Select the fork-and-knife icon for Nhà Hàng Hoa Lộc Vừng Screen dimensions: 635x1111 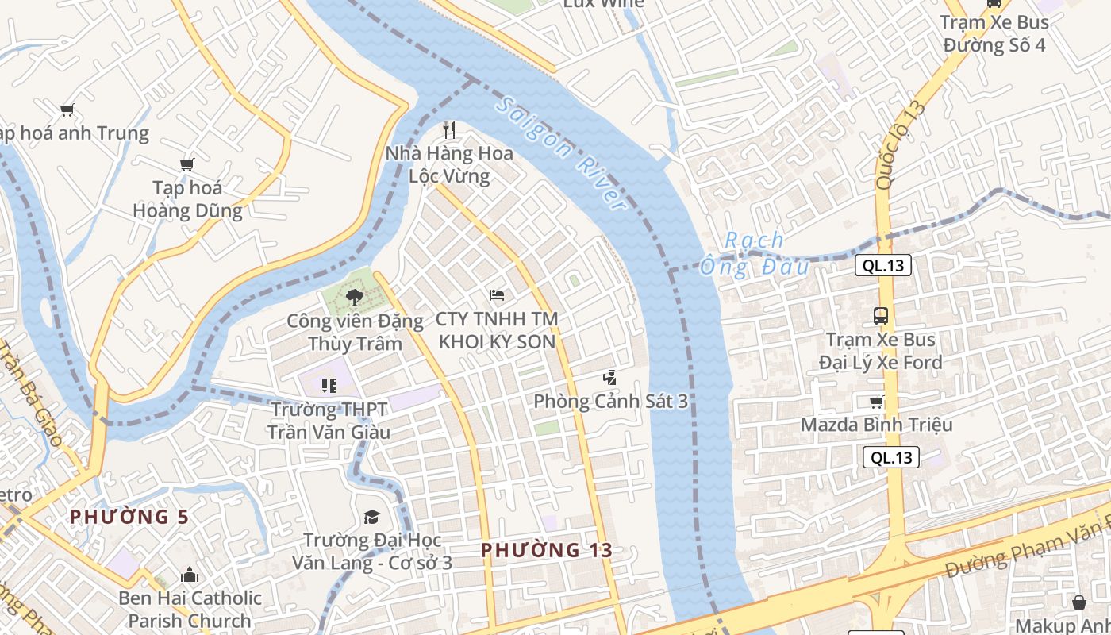[450, 129]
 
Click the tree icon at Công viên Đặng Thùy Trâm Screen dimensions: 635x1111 [354, 298]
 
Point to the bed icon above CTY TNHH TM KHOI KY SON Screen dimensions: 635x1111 [497, 295]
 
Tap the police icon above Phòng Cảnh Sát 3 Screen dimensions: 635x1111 [609, 378]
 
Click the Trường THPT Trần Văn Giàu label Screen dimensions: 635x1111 [329, 421]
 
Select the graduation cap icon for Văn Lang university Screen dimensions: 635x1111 [371, 518]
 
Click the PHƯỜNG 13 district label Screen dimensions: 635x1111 [547, 550]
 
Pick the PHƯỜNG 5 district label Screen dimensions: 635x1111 [129, 517]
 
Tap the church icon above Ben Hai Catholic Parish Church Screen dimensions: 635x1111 [190, 575]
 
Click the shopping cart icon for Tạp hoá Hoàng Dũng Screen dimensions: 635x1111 [187, 164]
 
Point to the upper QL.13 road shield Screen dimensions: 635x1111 [882, 266]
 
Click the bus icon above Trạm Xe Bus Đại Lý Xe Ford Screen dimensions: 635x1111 [881, 315]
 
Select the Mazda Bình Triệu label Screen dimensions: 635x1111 [876, 425]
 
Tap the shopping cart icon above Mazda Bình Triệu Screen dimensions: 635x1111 [876, 401]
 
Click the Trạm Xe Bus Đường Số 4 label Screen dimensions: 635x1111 [994, 34]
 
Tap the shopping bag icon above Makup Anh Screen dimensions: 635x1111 [1079, 602]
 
